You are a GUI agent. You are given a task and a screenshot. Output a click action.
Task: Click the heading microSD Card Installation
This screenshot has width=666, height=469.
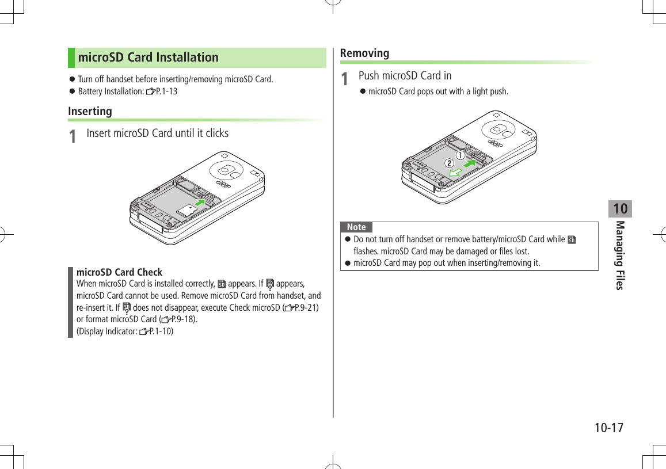point(148,58)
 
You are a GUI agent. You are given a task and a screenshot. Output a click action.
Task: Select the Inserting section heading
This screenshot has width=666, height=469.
point(90,111)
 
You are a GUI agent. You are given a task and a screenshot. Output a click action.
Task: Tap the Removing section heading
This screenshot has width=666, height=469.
point(364,53)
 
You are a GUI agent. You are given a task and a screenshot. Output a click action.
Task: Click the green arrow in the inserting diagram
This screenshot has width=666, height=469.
point(200,203)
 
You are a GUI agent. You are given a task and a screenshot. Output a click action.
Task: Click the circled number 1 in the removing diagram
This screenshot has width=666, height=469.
point(461,155)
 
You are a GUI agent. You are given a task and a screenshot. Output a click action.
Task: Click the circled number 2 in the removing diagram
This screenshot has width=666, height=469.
point(447,163)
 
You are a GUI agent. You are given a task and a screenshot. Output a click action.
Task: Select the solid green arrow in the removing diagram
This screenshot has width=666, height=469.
point(470,165)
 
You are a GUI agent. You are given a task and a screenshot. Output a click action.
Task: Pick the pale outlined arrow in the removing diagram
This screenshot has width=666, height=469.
point(455,172)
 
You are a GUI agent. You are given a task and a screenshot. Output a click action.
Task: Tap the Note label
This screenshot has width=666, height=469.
point(356,227)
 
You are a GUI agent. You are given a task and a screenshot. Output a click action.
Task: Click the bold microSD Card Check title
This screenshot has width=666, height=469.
point(120,272)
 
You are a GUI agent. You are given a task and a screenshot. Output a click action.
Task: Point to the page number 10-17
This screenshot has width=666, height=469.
point(609,428)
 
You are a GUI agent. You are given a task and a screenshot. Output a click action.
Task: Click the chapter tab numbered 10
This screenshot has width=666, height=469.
point(620,208)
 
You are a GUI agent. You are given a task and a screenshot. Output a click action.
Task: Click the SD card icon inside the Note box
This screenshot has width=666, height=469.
point(572,239)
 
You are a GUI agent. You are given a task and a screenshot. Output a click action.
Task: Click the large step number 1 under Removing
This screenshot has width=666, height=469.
point(344,78)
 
